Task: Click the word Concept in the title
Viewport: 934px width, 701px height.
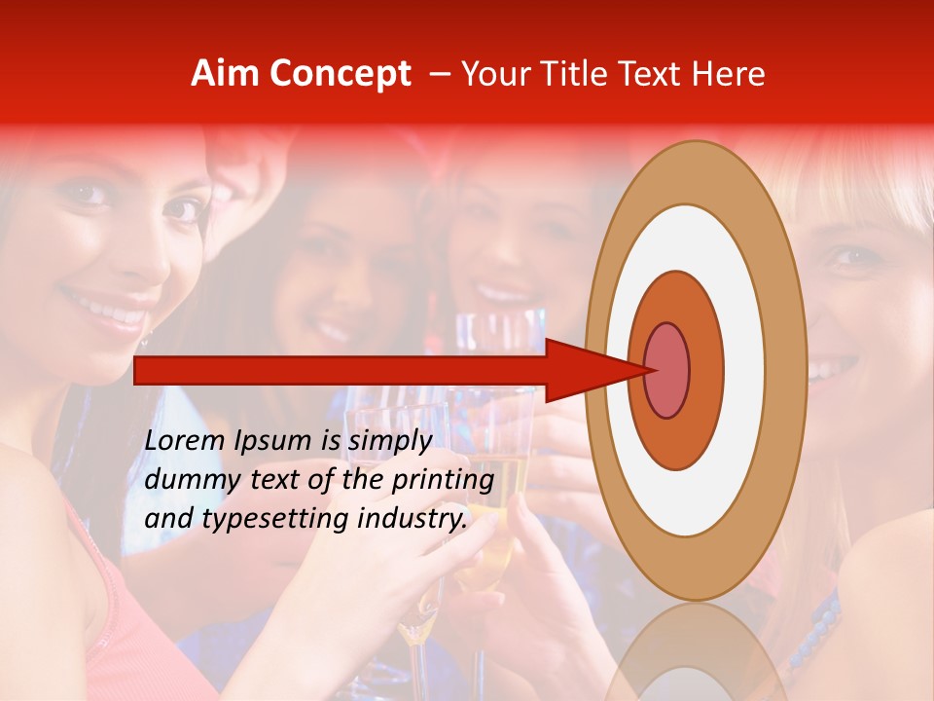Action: tap(340, 74)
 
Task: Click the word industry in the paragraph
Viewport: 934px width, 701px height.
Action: tap(409, 518)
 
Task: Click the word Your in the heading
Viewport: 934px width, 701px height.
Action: tap(494, 74)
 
